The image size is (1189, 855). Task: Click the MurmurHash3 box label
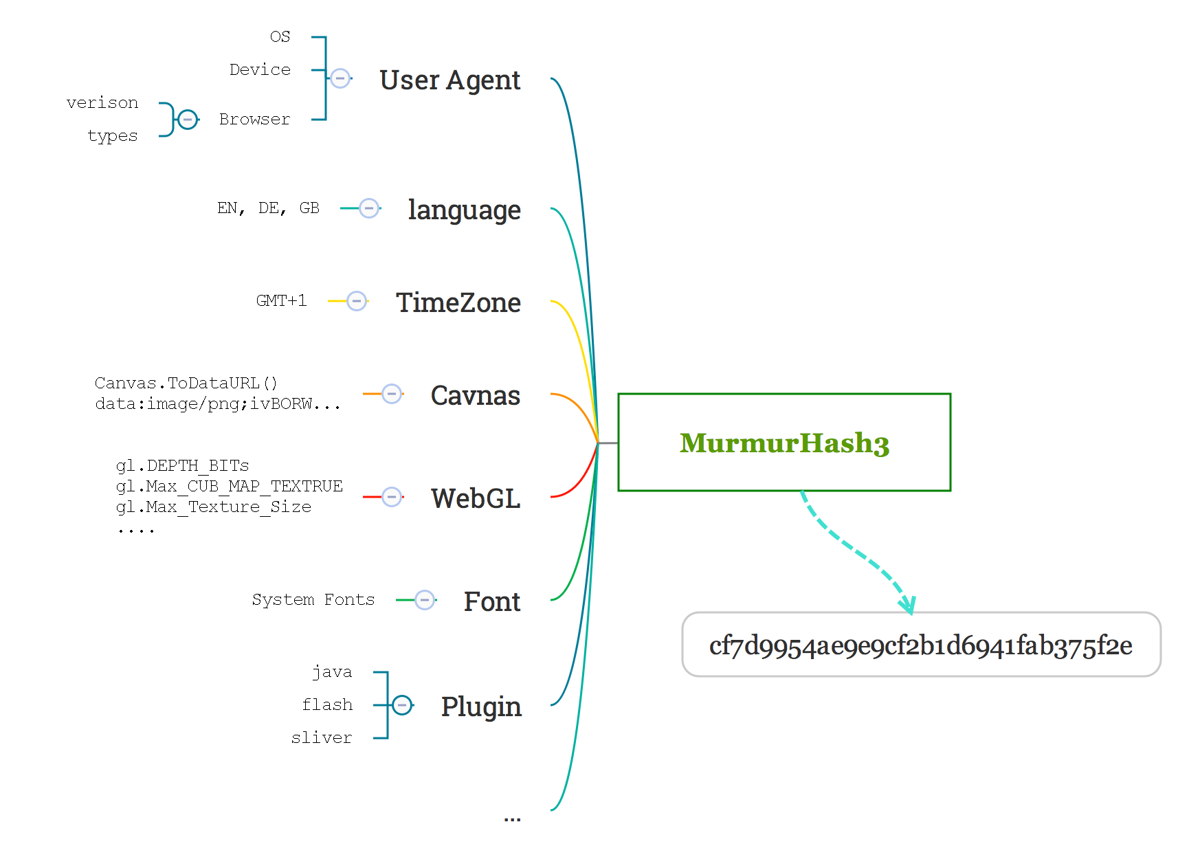784,443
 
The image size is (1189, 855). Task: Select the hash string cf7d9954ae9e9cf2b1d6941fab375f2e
920,645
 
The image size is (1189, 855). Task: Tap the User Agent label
450,80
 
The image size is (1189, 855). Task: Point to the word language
464,210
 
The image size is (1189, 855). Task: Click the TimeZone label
458,302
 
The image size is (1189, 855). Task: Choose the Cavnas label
475,395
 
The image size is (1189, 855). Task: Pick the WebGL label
476,498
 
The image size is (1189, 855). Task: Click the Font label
492,601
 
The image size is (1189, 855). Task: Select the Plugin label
481,707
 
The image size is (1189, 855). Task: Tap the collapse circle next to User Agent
340,78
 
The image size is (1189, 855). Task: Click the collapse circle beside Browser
188,120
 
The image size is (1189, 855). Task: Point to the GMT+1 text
281,300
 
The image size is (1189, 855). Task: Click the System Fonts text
313,599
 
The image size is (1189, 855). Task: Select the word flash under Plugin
327,704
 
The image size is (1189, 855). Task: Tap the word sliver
321,737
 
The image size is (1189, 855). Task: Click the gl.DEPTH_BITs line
182,465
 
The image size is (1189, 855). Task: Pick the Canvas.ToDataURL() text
186,383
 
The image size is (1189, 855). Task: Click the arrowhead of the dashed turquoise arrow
909,606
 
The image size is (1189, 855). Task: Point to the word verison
102,102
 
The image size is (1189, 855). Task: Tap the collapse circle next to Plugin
403,705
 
